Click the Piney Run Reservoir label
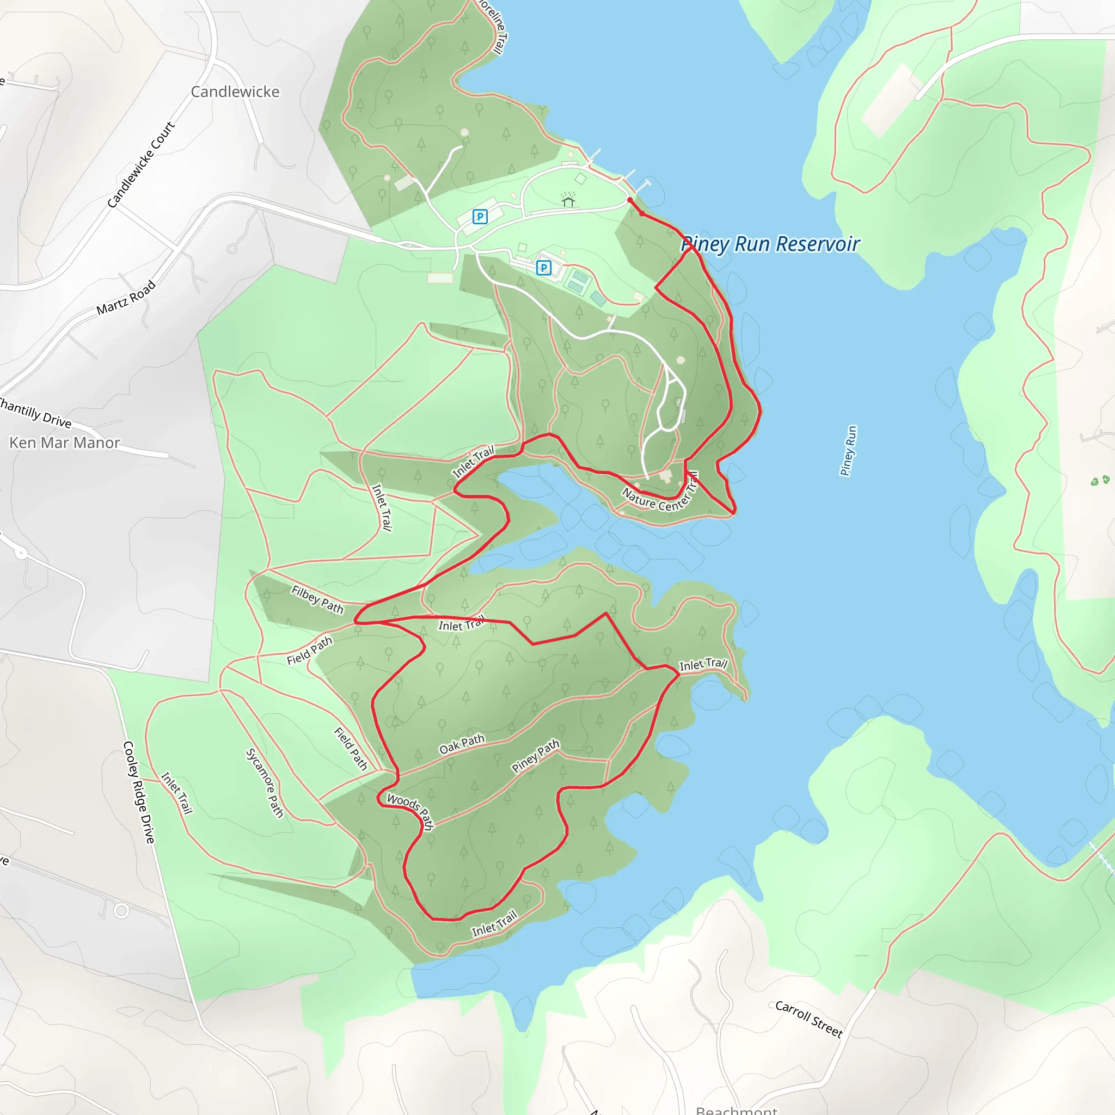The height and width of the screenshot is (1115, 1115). pos(770,244)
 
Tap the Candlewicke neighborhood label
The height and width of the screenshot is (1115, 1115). pos(235,92)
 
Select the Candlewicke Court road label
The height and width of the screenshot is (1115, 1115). pos(141,164)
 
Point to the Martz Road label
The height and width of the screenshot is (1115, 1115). pos(126,298)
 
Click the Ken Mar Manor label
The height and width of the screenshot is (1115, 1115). pos(65,443)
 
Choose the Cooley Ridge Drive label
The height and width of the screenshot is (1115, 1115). pos(139,792)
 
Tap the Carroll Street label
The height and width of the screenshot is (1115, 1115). pos(808,1019)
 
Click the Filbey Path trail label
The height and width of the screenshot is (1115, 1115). pos(317,599)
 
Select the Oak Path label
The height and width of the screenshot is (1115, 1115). pos(462,744)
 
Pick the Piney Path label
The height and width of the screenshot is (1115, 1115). pos(536,756)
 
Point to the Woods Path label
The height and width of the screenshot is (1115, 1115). pos(411,810)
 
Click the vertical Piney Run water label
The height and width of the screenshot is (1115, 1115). pos(848,451)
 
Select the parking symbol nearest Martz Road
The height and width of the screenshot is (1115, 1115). pos(480,217)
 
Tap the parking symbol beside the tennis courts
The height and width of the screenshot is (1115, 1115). pos(544,268)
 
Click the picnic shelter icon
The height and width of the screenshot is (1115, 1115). pos(568,200)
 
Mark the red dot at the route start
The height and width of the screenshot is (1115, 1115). pos(630,200)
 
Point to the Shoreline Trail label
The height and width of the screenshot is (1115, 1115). pos(494,26)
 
